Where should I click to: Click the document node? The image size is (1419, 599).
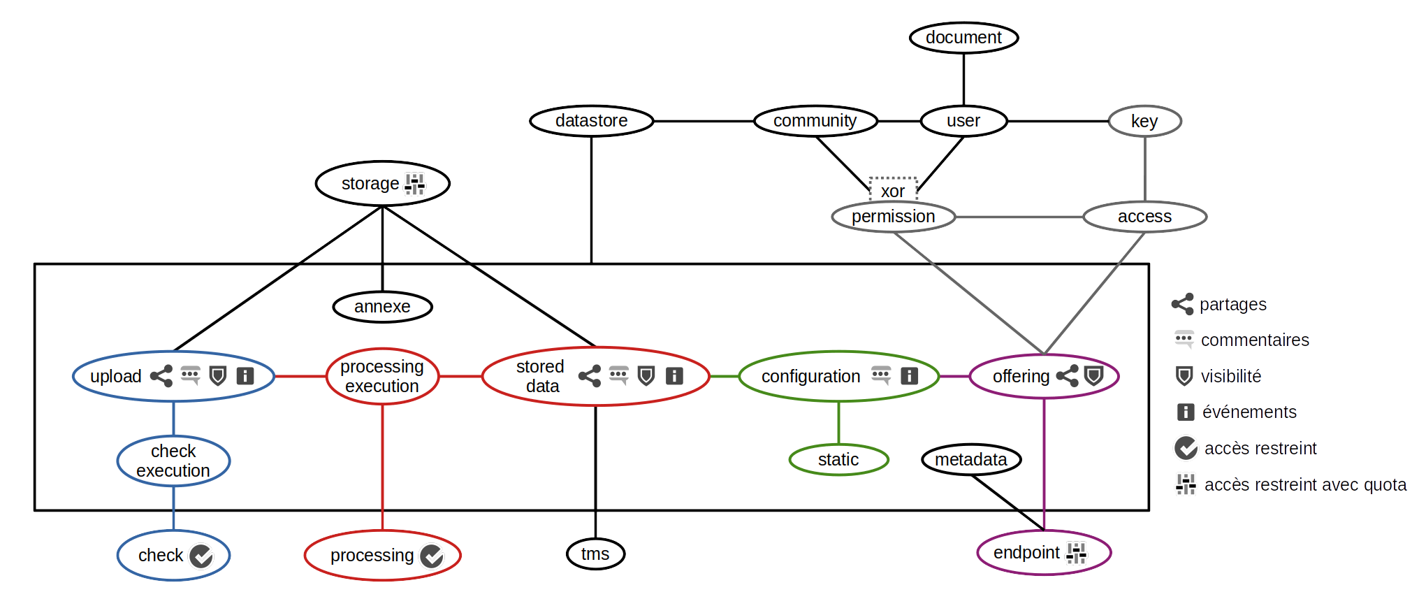[x=963, y=38]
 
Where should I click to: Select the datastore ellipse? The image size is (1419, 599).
[x=591, y=121]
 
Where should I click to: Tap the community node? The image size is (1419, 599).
[x=815, y=121]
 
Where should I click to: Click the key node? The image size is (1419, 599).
[x=1144, y=122]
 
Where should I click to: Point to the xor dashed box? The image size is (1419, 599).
[x=892, y=190]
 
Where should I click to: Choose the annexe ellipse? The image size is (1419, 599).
[x=382, y=307]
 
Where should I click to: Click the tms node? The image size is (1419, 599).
[x=595, y=554]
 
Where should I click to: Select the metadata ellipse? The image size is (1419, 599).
[x=970, y=460]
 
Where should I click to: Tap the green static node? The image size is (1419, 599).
[x=838, y=460]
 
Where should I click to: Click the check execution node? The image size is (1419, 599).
[x=173, y=461]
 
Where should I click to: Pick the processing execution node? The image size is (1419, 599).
[x=382, y=377]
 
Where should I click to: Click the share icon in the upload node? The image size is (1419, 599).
[x=161, y=376]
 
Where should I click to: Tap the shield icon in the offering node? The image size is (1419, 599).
[x=1093, y=376]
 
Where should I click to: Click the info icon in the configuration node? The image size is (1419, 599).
[x=909, y=376]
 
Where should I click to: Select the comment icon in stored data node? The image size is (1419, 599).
[x=618, y=375]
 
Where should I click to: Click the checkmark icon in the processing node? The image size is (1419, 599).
[x=432, y=556]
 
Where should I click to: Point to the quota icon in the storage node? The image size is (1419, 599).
[x=415, y=184]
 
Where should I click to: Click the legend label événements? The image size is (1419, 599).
[x=1249, y=412]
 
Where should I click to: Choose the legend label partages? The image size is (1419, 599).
[x=1233, y=305]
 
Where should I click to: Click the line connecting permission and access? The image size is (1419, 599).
[x=1019, y=217]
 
